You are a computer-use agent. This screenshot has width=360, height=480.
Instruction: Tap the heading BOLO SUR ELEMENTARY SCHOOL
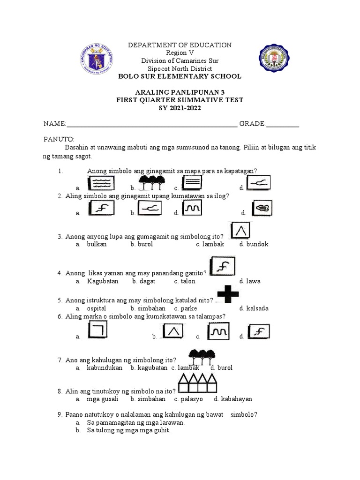coord(180,76)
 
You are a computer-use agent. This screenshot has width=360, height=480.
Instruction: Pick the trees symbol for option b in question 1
coord(152,182)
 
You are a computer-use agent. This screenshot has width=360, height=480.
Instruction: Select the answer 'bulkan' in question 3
coord(97,244)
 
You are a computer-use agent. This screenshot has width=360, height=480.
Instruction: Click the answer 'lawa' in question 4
coord(255,281)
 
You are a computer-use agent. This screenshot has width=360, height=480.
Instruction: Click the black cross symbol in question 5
coord(228,294)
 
